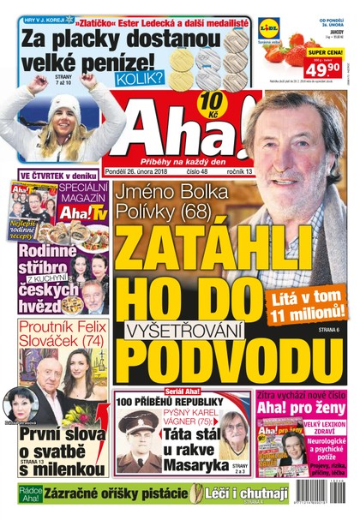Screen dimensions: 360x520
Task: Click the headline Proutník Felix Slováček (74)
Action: coord(58,337)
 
